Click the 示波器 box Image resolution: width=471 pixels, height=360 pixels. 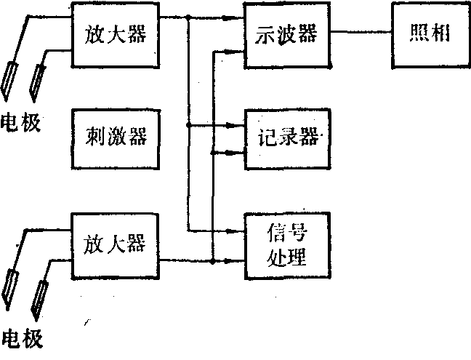point(286,35)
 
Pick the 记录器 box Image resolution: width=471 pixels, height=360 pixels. point(286,138)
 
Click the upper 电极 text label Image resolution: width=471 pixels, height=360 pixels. point(21,121)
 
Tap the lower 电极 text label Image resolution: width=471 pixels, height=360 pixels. point(21,339)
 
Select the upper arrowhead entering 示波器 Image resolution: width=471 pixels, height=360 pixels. point(238,15)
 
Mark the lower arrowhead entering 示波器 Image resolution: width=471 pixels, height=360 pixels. point(238,52)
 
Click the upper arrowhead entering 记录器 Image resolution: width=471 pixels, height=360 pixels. point(238,125)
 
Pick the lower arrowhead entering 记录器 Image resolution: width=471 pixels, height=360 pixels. point(238,152)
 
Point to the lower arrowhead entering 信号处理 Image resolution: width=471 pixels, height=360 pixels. point(238,260)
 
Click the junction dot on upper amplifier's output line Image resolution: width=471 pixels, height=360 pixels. point(188,15)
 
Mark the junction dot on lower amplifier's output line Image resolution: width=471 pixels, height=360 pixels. point(212,260)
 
